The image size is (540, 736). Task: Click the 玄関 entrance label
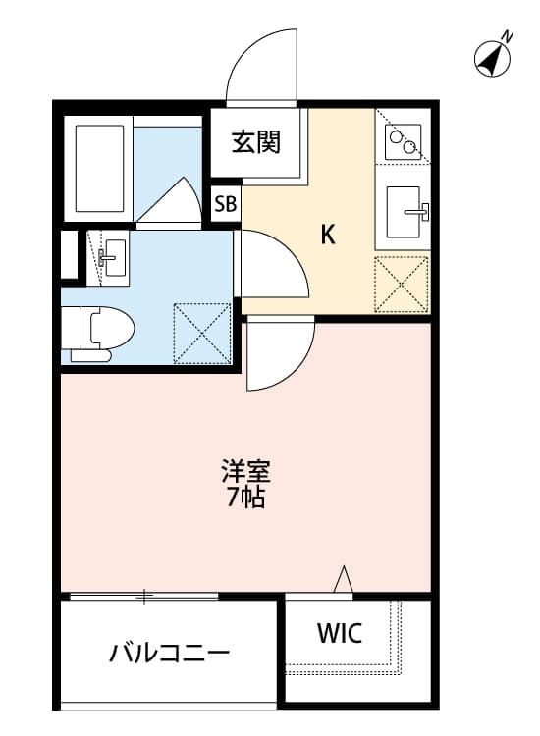click(x=256, y=143)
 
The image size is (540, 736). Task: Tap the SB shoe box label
click(x=226, y=204)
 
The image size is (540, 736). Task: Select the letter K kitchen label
click(x=329, y=236)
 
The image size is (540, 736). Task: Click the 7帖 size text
click(x=245, y=498)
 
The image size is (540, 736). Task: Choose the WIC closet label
click(x=339, y=633)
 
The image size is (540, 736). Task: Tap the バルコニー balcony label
click(x=169, y=653)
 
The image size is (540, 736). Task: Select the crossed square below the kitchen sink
click(x=402, y=285)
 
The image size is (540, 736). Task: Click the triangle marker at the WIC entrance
click(x=343, y=581)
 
